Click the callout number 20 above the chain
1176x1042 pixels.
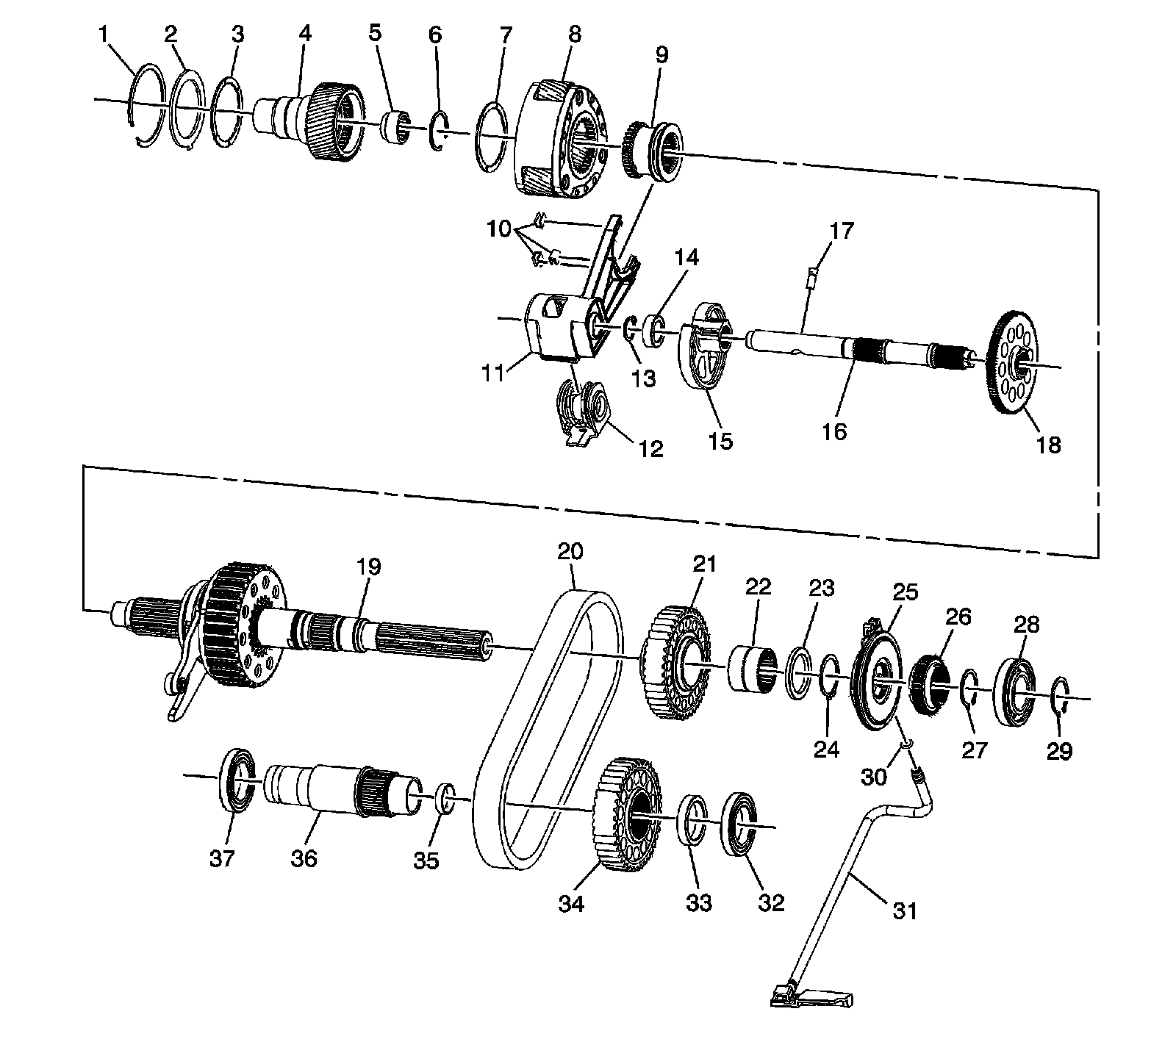[570, 551]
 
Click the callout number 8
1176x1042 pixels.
[574, 34]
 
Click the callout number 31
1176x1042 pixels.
[905, 910]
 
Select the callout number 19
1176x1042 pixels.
[369, 567]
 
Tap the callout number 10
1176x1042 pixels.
[498, 229]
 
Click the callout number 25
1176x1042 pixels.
[905, 592]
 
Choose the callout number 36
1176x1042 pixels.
[303, 857]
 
